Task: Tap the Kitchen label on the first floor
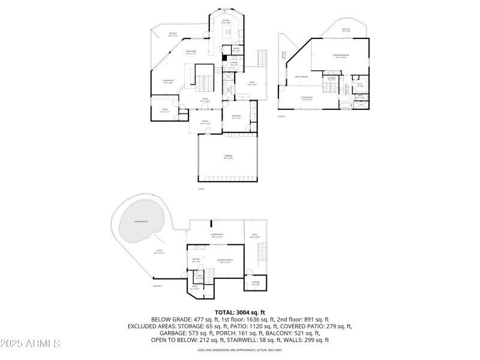226,21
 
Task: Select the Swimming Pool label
141,221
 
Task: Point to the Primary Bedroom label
341,55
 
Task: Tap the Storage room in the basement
256,281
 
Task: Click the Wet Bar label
196,259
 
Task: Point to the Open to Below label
301,77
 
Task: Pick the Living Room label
168,81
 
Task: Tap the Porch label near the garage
205,122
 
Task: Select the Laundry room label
234,64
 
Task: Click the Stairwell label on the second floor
331,78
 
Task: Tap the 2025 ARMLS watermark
30,344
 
